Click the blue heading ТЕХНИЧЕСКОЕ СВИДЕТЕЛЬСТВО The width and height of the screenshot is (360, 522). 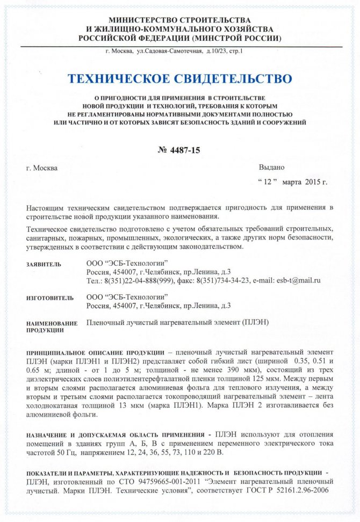pyautogui.click(x=179, y=79)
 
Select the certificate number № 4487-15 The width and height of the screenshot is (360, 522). pyautogui.click(x=179, y=150)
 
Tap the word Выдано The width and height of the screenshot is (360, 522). pyautogui.click(x=272, y=167)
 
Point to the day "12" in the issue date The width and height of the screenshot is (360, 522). pyautogui.click(x=267, y=182)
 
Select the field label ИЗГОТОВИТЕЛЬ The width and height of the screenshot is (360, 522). pyautogui.click(x=50, y=298)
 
